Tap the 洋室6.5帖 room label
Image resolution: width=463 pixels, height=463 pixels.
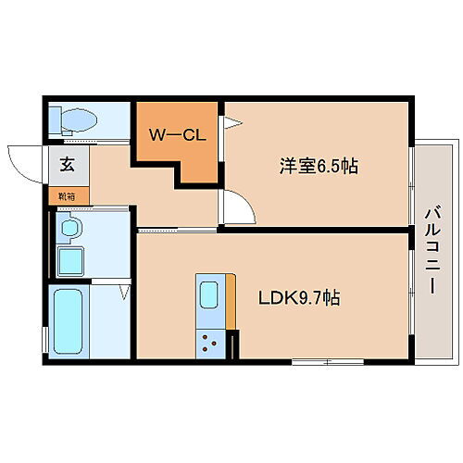click(319, 167)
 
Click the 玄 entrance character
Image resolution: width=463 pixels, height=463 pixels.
click(68, 167)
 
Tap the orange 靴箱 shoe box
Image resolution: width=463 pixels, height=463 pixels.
click(69, 196)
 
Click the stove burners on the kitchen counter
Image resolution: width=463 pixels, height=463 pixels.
click(211, 344)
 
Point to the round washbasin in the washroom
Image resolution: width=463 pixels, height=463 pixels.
click(69, 227)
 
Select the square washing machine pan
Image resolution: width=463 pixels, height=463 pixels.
click(70, 261)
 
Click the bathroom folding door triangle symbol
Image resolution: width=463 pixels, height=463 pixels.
click(125, 294)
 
